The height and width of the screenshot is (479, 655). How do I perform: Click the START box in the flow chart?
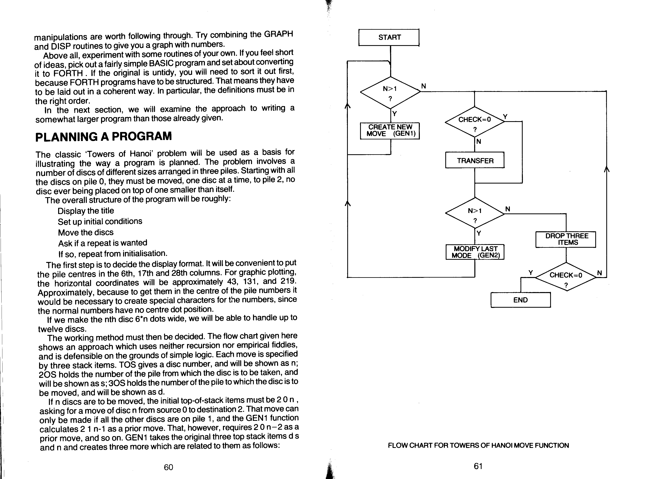point(389,37)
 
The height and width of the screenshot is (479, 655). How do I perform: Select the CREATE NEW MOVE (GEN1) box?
point(390,131)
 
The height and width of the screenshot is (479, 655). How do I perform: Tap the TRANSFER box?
point(475,160)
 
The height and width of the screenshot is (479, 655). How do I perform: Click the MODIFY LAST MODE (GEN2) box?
point(475,252)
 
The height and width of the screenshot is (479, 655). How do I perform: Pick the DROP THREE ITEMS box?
point(565,239)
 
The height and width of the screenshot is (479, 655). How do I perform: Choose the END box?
point(520,300)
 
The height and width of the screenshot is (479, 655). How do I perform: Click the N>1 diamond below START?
point(390,92)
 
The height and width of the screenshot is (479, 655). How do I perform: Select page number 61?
point(478,466)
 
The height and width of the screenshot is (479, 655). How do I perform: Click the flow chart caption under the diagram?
point(478,445)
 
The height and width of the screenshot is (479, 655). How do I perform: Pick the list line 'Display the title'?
point(86,211)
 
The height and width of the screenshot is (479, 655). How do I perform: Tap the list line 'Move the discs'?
point(86,232)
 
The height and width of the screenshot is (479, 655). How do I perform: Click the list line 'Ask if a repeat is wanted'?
point(103,243)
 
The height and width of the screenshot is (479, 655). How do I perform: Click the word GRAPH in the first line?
point(278,34)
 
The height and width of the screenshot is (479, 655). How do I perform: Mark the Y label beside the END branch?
point(530,273)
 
